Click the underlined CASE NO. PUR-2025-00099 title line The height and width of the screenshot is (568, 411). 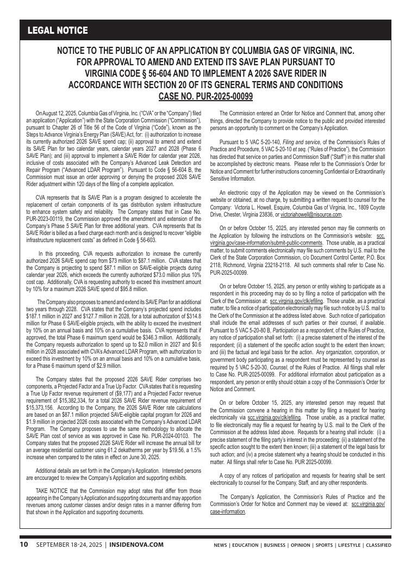pyautogui.click(x=205, y=96)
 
